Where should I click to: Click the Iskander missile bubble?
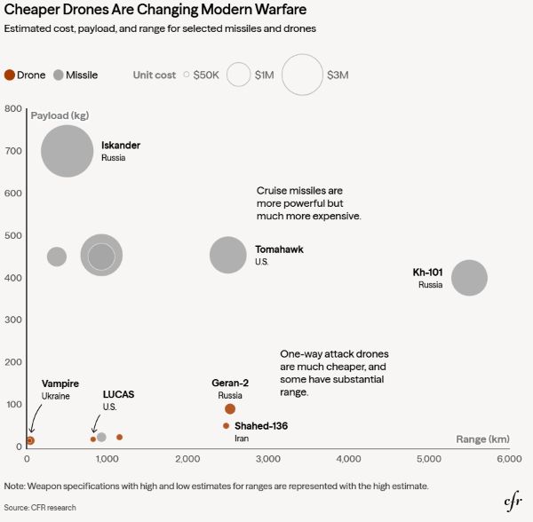[67, 150]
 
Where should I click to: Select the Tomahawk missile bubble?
[228, 256]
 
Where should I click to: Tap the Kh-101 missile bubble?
[469, 278]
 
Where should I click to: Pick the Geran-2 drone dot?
[230, 408]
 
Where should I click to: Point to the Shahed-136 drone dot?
[226, 426]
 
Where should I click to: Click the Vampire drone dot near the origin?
[30, 440]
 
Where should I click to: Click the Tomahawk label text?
[279, 249]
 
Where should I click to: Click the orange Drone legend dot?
[10, 75]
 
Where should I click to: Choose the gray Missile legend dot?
[60, 75]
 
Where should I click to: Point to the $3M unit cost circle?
[302, 75]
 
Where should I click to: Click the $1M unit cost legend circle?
[239, 75]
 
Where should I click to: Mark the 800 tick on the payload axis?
[12, 109]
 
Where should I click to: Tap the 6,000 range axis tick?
[508, 458]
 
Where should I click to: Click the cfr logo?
[513, 502]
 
